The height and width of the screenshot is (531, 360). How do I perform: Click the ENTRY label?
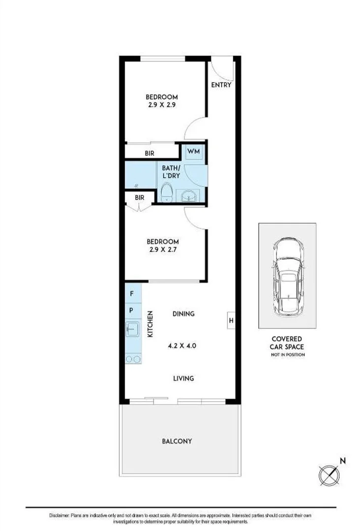point(221,85)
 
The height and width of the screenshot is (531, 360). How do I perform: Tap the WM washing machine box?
point(193,151)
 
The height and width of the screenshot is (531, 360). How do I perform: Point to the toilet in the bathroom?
point(167,193)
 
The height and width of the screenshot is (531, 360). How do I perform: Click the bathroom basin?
point(188,196)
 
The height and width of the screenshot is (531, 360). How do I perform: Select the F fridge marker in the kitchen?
point(131,294)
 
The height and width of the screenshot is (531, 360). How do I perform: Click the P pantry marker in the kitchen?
point(131,311)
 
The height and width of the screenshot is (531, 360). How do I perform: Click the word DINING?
point(183,314)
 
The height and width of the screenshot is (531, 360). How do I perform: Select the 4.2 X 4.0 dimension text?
point(182,346)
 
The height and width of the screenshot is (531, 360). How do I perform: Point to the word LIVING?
point(183,378)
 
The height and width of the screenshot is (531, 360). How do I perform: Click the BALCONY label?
point(177,442)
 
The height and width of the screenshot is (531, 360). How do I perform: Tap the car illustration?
point(287,276)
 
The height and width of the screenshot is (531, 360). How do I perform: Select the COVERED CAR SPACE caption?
point(287,343)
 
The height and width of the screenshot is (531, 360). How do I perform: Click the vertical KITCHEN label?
point(150,324)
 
